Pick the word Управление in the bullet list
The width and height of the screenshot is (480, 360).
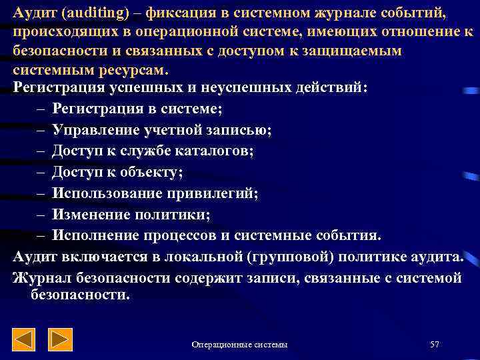(94, 129)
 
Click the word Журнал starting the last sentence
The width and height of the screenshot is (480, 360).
(39, 277)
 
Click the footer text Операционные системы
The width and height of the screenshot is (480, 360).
(239, 344)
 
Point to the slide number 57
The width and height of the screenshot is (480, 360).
(435, 344)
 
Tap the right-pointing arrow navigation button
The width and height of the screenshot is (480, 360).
(61, 340)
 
